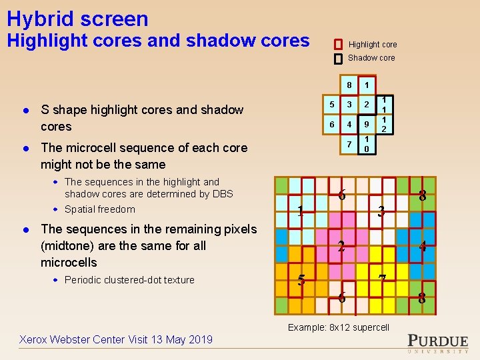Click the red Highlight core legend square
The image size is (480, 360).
(338, 44)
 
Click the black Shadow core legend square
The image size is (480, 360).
(338, 58)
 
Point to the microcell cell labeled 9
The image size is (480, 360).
(366, 124)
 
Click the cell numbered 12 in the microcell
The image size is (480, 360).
(384, 124)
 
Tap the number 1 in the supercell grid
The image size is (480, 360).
(301, 212)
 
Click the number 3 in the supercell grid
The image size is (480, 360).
(381, 212)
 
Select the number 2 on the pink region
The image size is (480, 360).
(341, 246)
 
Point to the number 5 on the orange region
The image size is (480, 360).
(301, 281)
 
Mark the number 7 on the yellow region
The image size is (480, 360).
(381, 279)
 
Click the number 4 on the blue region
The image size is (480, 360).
(422, 246)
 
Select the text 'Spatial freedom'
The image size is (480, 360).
(99, 209)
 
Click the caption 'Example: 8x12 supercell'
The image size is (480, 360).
(338, 327)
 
